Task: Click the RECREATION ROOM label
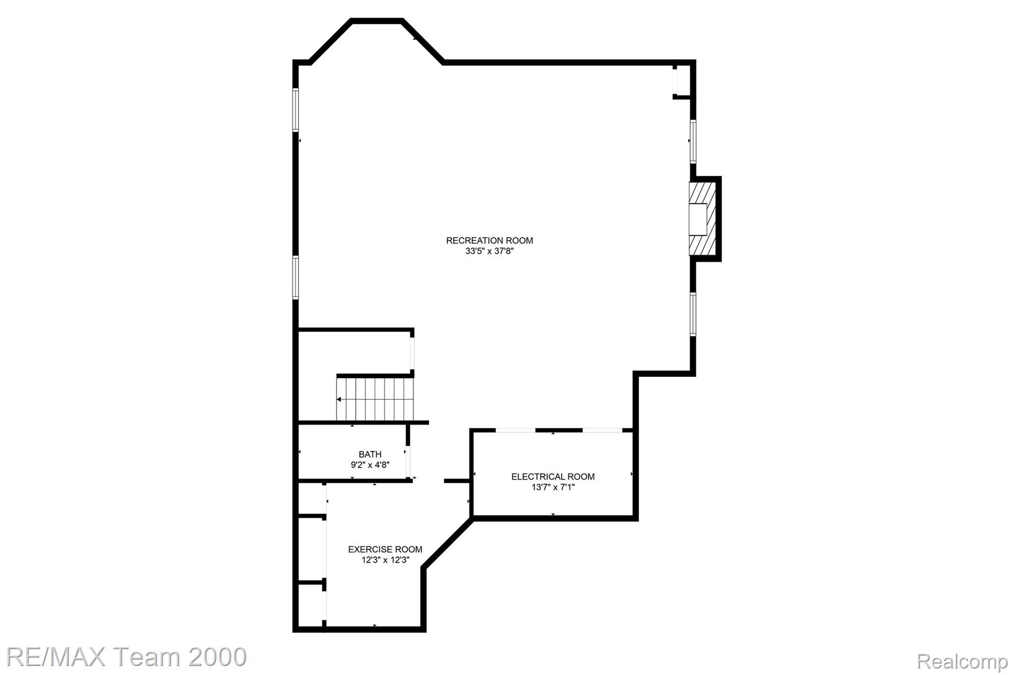pyautogui.click(x=489, y=241)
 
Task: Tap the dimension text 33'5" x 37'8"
pyautogui.click(x=489, y=251)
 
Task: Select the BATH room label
pyautogui.click(x=370, y=454)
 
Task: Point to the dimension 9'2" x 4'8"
pyautogui.click(x=370, y=465)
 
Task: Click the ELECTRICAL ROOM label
pyautogui.click(x=553, y=476)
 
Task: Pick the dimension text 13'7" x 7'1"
pyautogui.click(x=553, y=487)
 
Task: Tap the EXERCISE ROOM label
pyautogui.click(x=385, y=549)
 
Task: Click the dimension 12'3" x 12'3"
pyautogui.click(x=385, y=560)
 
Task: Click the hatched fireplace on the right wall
pyautogui.click(x=703, y=219)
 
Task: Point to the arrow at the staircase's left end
pyautogui.click(x=339, y=399)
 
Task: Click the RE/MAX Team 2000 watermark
pyautogui.click(x=126, y=657)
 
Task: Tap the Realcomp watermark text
pyautogui.click(x=962, y=661)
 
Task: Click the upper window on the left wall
pyautogui.click(x=296, y=109)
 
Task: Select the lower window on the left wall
pyautogui.click(x=296, y=277)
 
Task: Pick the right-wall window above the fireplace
pyautogui.click(x=693, y=142)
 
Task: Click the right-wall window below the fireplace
pyautogui.click(x=693, y=314)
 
